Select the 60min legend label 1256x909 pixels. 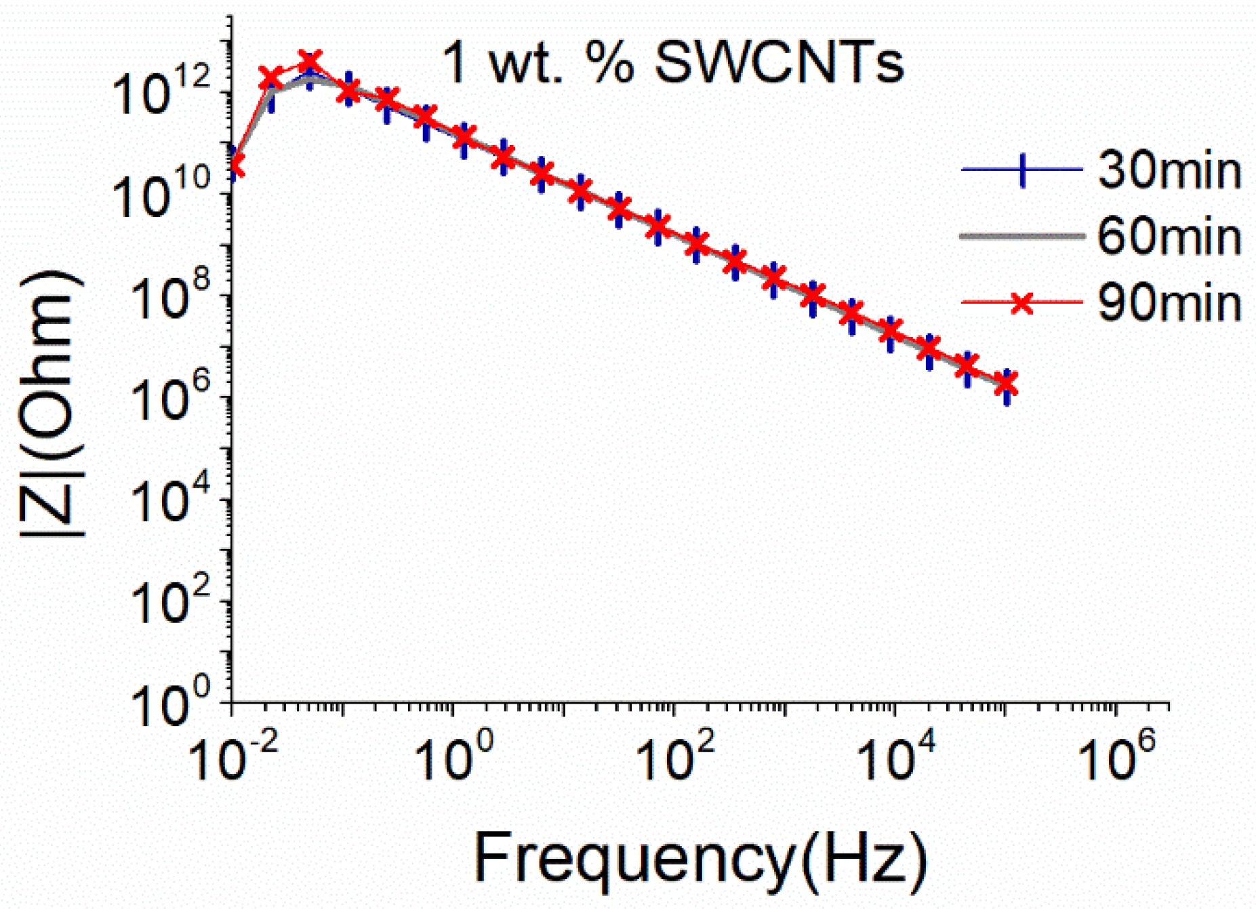coord(1169,236)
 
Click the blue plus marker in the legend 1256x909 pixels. coord(1022,169)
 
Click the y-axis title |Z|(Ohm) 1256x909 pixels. coord(51,403)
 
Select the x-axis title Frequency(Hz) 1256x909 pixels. coord(700,857)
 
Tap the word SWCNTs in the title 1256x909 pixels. coord(779,63)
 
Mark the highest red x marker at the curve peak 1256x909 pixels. coord(310,61)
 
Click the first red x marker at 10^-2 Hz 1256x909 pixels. coord(235,165)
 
